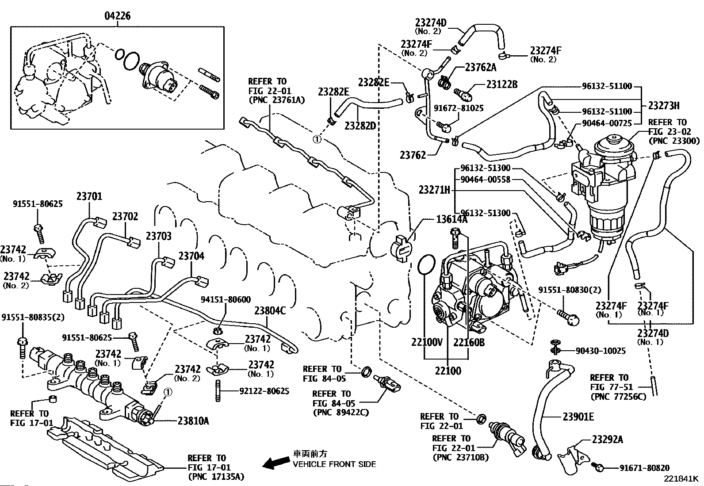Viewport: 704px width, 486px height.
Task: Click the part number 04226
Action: click(x=117, y=16)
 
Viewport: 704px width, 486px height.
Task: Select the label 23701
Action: click(x=89, y=196)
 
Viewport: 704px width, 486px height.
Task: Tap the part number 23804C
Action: click(x=270, y=311)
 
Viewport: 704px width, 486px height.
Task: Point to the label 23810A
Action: click(x=193, y=421)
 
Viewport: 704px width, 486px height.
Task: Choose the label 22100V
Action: click(x=427, y=343)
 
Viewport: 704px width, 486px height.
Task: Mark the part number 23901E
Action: click(x=578, y=417)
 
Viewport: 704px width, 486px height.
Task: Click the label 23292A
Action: click(x=608, y=439)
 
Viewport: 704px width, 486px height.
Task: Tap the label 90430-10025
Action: click(x=601, y=351)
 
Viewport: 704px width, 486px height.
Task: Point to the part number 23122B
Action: click(x=501, y=84)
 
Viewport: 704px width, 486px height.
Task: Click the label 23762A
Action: click(x=481, y=68)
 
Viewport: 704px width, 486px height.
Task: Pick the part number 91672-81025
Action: click(x=459, y=107)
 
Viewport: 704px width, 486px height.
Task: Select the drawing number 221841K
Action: click(x=680, y=479)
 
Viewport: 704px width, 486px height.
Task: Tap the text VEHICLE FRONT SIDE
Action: click(x=334, y=464)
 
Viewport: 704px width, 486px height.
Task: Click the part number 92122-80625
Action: click(x=264, y=391)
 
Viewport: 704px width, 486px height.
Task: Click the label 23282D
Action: click(x=360, y=126)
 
